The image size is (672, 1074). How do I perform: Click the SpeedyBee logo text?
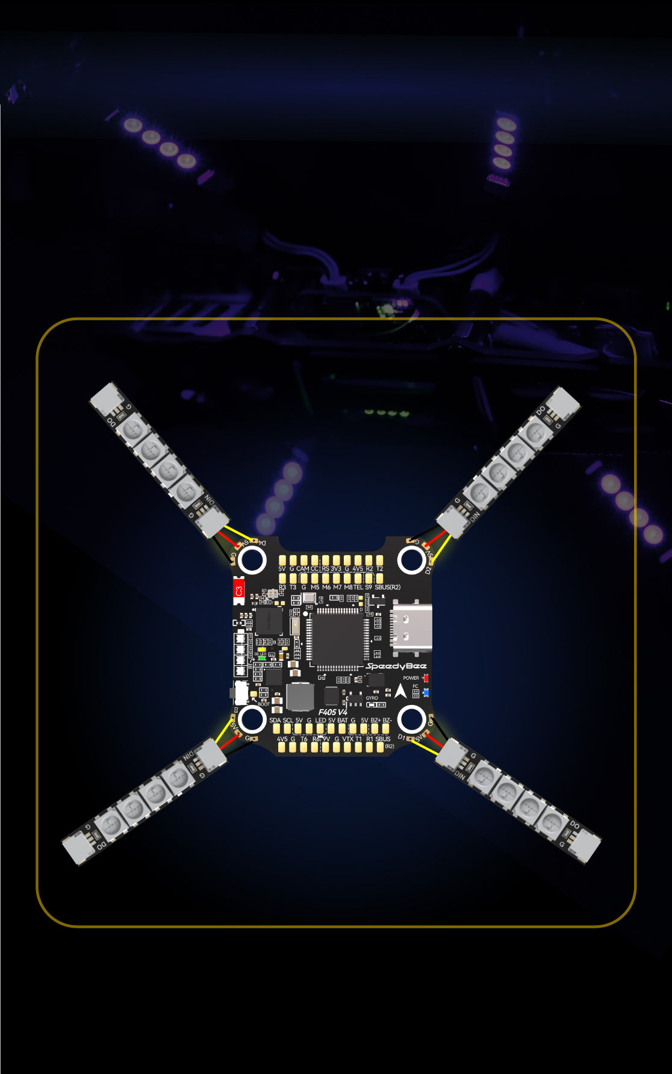396,666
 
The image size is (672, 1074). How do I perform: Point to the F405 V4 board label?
333,712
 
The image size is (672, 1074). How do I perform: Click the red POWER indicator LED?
426,678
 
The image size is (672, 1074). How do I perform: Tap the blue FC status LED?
426,692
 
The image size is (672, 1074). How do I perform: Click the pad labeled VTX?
347,747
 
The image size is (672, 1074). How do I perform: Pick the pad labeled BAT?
342,729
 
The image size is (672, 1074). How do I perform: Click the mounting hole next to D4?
252,560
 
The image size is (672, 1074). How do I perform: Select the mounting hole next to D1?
411,719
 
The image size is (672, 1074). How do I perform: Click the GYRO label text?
372,698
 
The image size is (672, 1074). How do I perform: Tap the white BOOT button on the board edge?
240,692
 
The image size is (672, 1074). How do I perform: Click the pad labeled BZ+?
375,729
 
